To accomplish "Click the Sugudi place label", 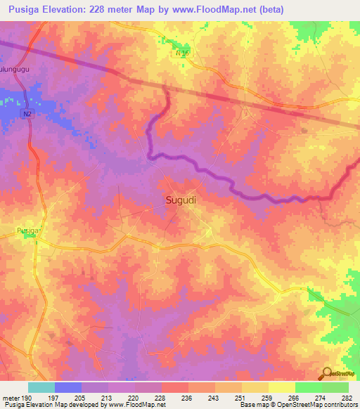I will click(181, 200).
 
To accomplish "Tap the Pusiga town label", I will click(29, 230).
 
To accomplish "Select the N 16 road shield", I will click(183, 53).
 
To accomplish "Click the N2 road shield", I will click(27, 113).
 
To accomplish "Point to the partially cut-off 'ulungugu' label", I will click(15, 70).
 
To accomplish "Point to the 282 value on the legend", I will click(347, 398).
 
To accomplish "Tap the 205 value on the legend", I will click(82, 398).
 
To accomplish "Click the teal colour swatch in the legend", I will click(41, 387).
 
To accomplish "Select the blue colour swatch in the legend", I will click(67, 387).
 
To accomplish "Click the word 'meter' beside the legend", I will click(9, 398).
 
